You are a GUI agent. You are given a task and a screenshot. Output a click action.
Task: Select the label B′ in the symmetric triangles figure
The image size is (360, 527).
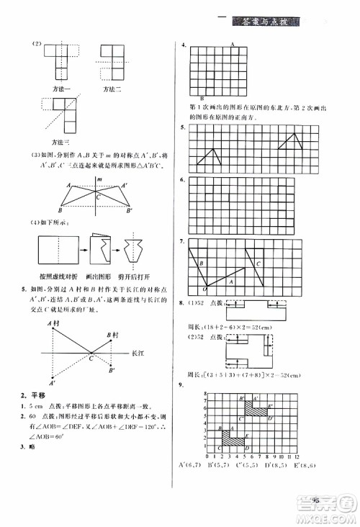(130, 211)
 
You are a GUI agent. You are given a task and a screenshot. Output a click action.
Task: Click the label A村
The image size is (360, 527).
(53, 323)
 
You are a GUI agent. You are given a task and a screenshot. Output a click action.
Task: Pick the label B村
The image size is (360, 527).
(112, 335)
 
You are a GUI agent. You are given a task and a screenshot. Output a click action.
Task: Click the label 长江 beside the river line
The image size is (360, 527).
(138, 354)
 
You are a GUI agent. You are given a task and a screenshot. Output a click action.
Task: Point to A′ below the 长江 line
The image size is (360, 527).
(52, 383)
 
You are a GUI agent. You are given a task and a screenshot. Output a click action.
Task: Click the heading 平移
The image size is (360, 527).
(38, 395)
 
